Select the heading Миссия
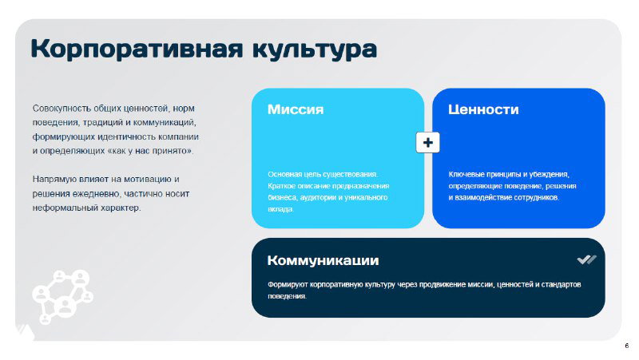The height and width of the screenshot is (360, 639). [x=296, y=110]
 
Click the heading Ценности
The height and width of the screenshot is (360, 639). [x=483, y=110]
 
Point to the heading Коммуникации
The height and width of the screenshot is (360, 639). [x=323, y=260]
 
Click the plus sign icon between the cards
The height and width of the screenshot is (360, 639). [x=428, y=142]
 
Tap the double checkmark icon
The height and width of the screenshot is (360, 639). [x=586, y=259]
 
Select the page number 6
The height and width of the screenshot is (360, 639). [x=626, y=346]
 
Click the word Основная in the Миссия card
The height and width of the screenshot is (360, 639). [x=286, y=174]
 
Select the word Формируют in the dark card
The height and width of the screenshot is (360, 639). [x=288, y=284]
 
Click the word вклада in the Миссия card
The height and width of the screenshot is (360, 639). [x=280, y=209]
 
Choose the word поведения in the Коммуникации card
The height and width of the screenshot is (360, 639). [x=287, y=296]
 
